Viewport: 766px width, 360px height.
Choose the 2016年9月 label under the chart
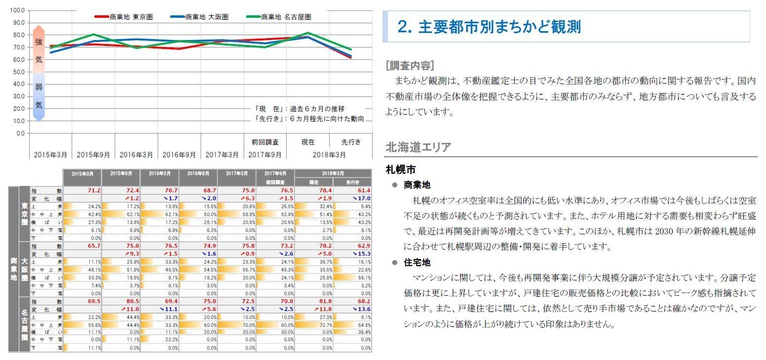179,154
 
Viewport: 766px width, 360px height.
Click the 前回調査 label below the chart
265,142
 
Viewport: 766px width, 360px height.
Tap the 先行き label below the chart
351,142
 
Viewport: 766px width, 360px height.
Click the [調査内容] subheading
410,66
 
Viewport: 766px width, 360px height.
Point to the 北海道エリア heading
418,147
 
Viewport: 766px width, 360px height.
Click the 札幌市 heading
400,170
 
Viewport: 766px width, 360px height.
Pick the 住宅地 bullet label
417,263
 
